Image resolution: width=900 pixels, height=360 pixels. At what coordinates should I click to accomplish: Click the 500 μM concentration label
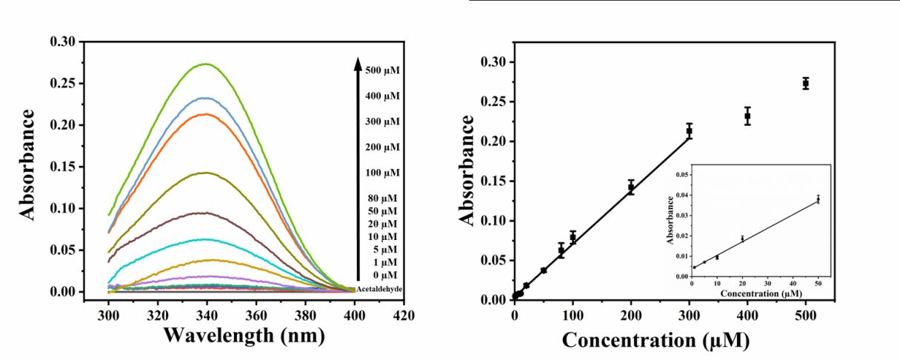coord(382,70)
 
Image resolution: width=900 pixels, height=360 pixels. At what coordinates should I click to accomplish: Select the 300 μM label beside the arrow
coord(382,121)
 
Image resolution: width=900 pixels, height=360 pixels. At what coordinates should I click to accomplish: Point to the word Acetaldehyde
coord(379,289)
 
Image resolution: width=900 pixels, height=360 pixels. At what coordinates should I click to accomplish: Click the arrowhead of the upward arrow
coord(357,62)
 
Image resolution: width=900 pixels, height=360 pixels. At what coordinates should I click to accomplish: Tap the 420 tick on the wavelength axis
coord(404,315)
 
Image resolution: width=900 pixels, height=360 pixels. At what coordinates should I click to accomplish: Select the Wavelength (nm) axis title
coord(244,336)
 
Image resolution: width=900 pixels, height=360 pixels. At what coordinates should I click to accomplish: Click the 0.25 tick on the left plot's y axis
coord(63,83)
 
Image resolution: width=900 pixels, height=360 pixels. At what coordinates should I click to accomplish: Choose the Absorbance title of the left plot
coord(28,164)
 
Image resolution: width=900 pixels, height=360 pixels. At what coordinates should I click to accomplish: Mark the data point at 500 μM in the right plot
coord(805,84)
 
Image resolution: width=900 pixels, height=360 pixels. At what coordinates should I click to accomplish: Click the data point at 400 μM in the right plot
coord(747,116)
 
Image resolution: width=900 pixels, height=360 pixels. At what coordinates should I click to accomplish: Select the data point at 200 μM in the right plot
coord(631,187)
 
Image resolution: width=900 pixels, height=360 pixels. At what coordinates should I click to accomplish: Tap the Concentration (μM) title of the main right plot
coord(656,341)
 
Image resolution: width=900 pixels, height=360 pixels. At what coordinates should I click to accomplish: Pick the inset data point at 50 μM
coord(819,199)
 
